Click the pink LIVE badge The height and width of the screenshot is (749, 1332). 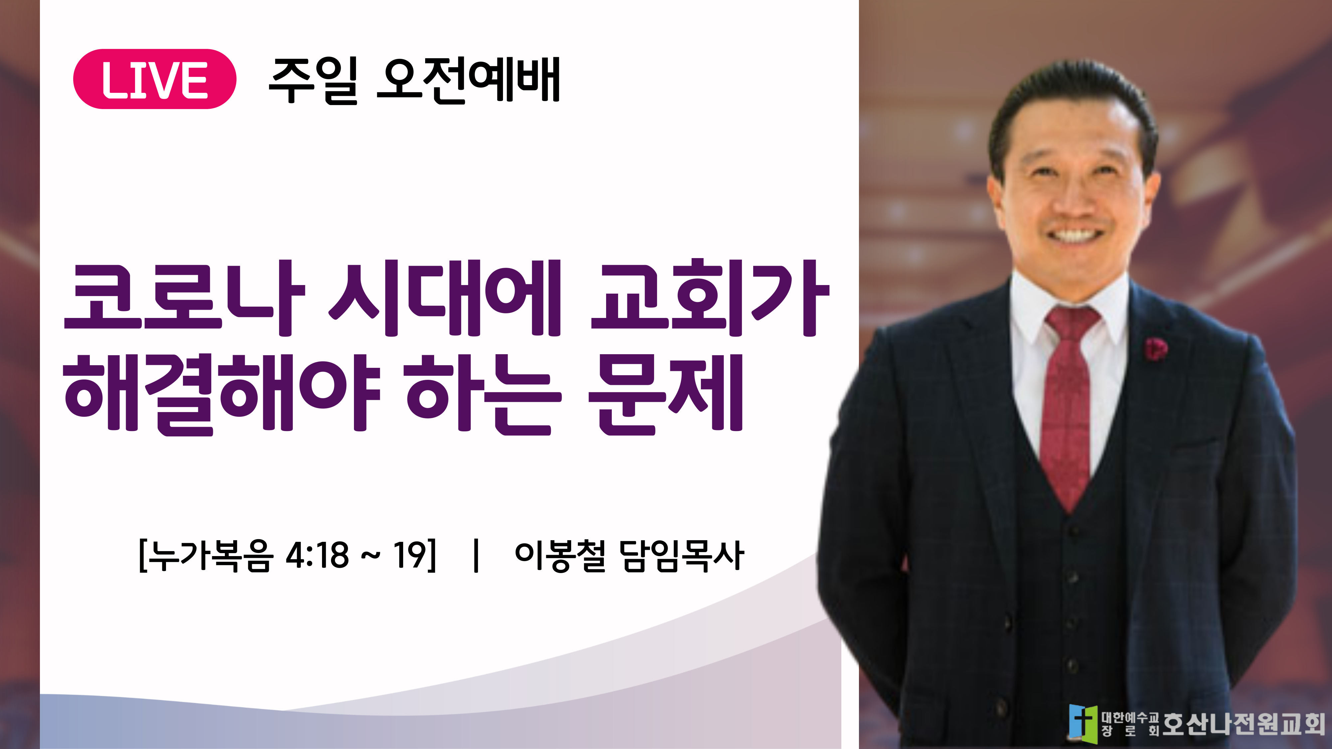155,79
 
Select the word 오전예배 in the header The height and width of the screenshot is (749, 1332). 468,80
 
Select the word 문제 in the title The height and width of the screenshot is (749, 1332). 665,394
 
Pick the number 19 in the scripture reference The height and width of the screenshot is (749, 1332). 410,555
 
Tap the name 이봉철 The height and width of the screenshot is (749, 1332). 560,556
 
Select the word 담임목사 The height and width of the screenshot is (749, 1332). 682,556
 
